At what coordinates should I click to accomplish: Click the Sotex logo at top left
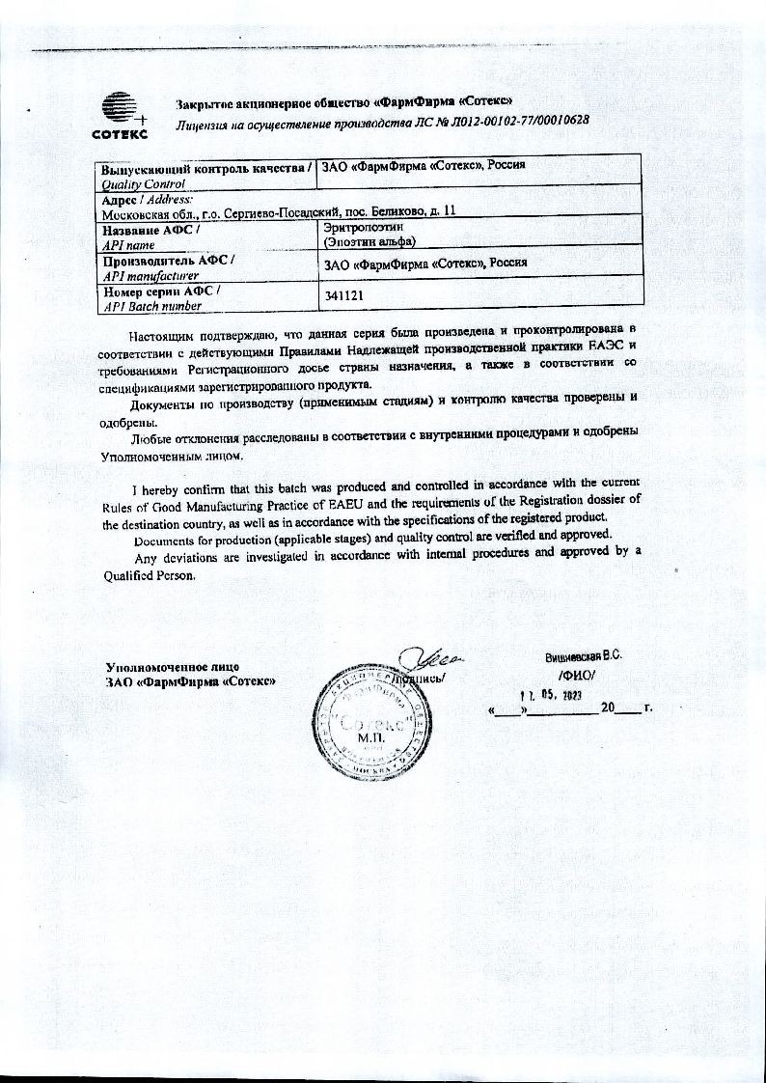pos(120,114)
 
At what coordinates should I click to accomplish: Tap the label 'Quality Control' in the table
pos(143,184)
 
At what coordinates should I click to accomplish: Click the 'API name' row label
pos(129,246)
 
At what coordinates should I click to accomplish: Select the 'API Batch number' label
pos(153,306)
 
